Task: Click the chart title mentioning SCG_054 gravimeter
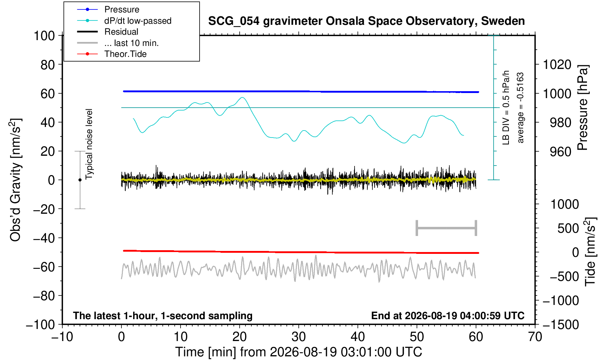(366, 21)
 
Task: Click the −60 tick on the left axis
(44, 267)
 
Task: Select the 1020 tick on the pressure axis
(557, 65)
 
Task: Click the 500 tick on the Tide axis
(568, 229)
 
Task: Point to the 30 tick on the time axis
(298, 337)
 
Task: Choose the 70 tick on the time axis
(535, 337)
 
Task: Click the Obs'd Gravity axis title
(15, 180)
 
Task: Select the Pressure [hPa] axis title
(583, 108)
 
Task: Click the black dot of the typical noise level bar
(80, 180)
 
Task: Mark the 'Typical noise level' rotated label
(89, 144)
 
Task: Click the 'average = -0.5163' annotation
(520, 108)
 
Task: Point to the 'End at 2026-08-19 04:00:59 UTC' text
(448, 316)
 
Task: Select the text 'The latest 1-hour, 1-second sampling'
(163, 316)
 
